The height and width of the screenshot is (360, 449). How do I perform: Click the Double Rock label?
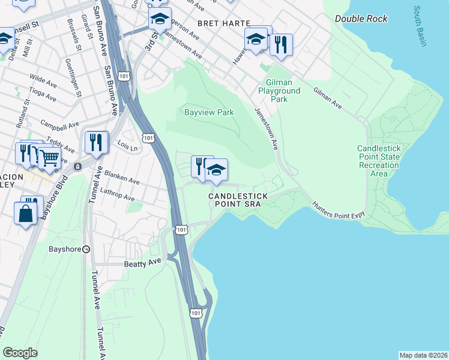(361, 19)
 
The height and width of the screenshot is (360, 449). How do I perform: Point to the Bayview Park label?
(208, 112)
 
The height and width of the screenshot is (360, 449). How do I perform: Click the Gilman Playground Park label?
(279, 91)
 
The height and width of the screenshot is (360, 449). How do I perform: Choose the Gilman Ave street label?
(327, 98)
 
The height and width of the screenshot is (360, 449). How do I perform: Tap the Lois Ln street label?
(128, 146)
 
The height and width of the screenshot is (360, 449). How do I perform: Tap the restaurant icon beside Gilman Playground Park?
(280, 44)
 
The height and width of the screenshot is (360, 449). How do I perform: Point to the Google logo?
(20, 353)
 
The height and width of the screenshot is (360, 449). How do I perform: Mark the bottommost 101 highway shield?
(196, 313)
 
